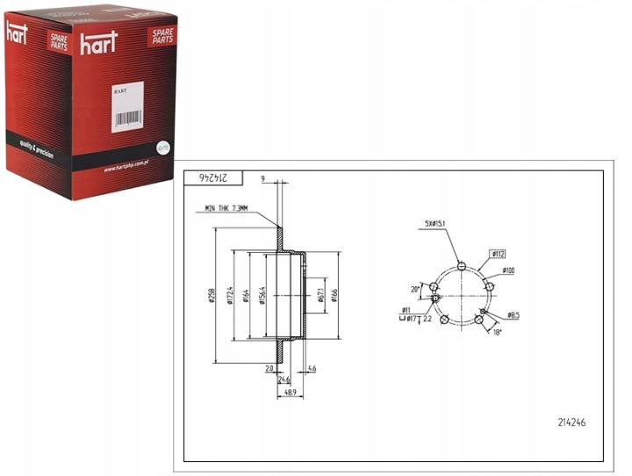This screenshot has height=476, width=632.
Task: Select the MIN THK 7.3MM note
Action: point(226,208)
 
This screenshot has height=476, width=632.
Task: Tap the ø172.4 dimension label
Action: point(229,296)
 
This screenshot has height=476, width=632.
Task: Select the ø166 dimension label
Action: point(335,296)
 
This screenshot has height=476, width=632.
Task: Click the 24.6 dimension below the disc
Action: point(284,379)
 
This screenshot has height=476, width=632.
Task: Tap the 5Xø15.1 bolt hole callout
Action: point(435,225)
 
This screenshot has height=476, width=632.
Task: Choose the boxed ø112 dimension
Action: point(498,254)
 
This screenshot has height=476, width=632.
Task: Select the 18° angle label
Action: point(496,333)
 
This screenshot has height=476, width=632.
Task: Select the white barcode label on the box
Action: point(127,108)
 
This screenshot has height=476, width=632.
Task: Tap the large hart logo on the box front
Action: point(98,43)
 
